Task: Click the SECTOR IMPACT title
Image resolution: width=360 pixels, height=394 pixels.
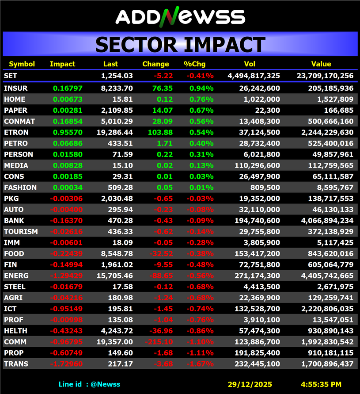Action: pos(180,45)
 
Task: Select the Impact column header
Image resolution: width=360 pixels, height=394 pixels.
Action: pos(62,64)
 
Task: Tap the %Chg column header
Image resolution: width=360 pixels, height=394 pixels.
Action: pos(193,64)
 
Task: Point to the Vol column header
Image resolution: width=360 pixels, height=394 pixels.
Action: pos(250,64)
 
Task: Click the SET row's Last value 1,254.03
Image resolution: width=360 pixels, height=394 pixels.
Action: pos(117,76)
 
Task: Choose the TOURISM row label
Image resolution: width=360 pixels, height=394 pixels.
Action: pos(21,232)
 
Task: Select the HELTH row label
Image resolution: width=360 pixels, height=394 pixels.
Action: pos(15,331)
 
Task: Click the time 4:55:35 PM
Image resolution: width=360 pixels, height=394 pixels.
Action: pos(321,385)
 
